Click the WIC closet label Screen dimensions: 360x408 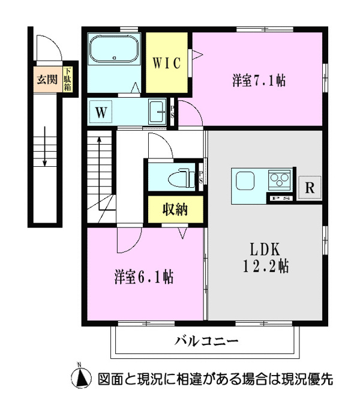[166, 63]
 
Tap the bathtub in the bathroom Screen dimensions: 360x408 [113, 49]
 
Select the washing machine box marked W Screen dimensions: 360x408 [101, 112]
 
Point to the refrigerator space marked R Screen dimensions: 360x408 [310, 188]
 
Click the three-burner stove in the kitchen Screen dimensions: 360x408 [280, 179]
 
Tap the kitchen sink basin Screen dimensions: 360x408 [245, 181]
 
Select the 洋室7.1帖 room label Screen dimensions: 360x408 [259, 80]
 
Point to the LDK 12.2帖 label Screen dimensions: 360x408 [266, 257]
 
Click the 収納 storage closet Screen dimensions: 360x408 [176, 209]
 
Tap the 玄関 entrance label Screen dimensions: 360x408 [47, 79]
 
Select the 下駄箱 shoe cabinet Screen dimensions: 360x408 [68, 79]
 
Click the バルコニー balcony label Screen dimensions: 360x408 [206, 341]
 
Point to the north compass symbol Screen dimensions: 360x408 [81, 377]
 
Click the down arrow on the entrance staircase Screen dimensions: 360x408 [45, 146]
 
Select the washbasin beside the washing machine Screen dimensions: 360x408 [157, 112]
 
